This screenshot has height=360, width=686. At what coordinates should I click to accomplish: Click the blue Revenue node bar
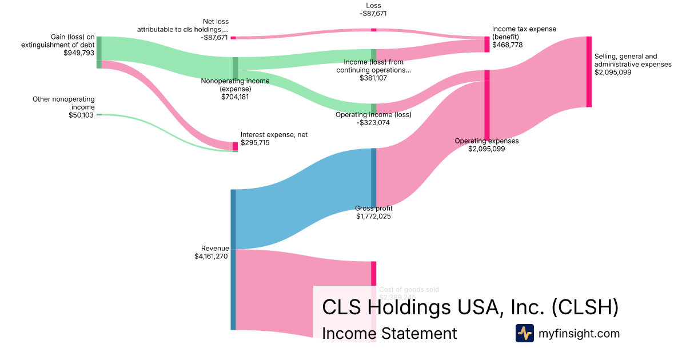(233, 259)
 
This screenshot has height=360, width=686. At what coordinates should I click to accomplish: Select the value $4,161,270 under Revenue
(212, 257)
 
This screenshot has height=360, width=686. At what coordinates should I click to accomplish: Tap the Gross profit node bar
(374, 177)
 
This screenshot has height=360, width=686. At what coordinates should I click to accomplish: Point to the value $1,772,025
(374, 217)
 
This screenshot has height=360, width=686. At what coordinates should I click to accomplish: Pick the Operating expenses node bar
(487, 105)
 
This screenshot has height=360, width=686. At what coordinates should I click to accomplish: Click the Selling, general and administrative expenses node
(589, 71)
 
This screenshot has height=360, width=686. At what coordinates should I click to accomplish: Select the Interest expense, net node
(235, 146)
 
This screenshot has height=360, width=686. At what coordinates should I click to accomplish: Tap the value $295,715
(255, 143)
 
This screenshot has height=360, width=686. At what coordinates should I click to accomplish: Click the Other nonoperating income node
(99, 115)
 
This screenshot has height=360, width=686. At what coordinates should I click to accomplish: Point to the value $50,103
(81, 115)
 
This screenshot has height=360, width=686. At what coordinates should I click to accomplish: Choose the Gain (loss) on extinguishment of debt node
(99, 52)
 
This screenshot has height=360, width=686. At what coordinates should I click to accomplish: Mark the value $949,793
(79, 53)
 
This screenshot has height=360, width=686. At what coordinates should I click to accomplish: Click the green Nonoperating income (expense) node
(235, 67)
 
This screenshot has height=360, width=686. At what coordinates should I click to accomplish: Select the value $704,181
(235, 97)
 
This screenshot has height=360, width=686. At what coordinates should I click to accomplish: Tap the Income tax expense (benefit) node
(487, 45)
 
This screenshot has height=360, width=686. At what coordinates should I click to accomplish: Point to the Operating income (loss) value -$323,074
(373, 122)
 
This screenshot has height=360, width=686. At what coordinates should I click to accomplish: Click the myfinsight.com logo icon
(524, 333)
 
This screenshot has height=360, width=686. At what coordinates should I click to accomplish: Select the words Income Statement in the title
(389, 333)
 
